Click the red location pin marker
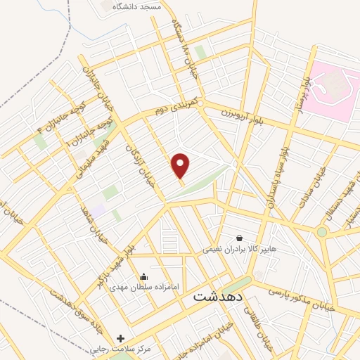click(181, 166)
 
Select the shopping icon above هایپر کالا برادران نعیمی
click(240, 238)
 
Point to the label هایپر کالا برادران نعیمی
click(240, 249)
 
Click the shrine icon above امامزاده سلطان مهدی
click(144, 277)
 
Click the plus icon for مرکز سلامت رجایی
click(120, 338)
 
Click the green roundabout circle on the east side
click(321, 231)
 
